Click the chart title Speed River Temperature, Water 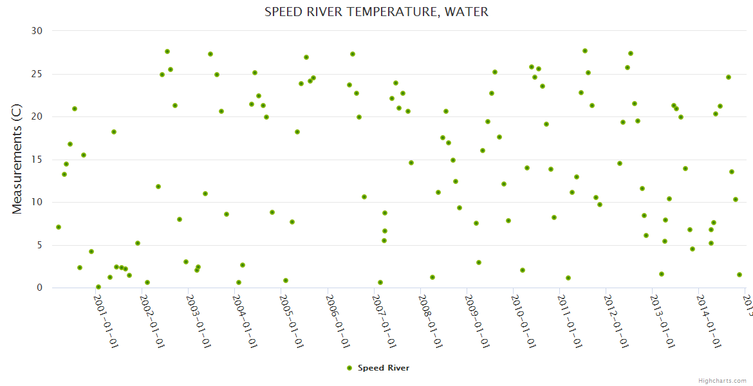(x=376, y=12)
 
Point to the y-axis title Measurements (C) (x=17, y=160)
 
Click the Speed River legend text (x=384, y=368)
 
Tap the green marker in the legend (x=349, y=368)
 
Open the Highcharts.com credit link (x=722, y=380)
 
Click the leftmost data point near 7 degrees (x=59, y=227)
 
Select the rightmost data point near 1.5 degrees (x=739, y=275)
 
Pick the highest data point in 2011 (x=585, y=51)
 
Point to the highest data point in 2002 (x=167, y=51)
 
